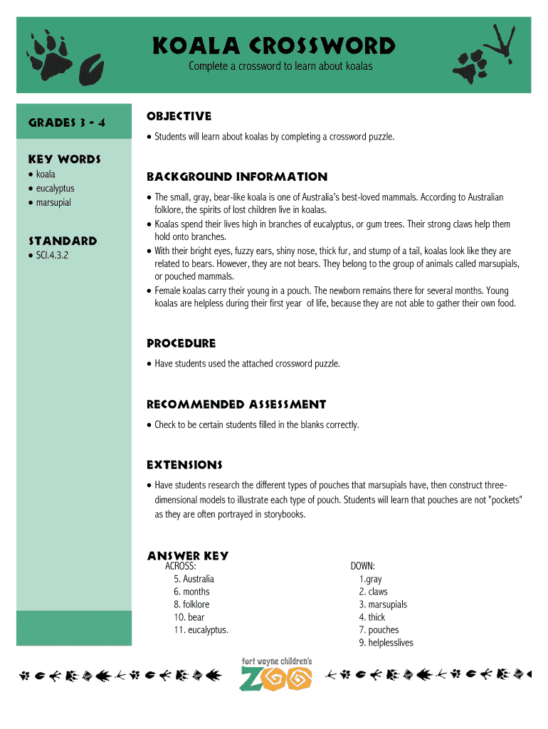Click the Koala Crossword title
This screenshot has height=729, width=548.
pos(274,47)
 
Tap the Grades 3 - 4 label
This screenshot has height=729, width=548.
pos(67,122)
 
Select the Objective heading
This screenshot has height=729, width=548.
pos(179,116)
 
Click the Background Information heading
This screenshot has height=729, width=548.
pos(236,177)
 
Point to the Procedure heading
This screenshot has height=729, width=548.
pos(181,343)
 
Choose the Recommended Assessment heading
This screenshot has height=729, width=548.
pos(236,404)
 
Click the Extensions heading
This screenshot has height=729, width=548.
pos(184,465)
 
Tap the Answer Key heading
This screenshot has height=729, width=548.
pos(187,555)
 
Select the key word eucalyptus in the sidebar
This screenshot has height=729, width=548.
pos(55,189)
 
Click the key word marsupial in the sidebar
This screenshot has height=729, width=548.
pos(53,203)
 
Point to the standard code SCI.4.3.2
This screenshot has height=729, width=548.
pos(52,255)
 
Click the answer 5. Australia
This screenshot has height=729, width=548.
pos(194,579)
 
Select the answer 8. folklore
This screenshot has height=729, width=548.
pos(191,604)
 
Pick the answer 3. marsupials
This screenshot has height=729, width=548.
pos(383,604)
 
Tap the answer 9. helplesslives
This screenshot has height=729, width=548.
pos(386,643)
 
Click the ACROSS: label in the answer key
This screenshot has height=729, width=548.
pos(180,566)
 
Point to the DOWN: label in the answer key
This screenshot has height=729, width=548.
pos(362,566)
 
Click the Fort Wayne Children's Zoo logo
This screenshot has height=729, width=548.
pos(277,674)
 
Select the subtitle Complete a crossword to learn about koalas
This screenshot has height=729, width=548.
pos(280,66)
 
